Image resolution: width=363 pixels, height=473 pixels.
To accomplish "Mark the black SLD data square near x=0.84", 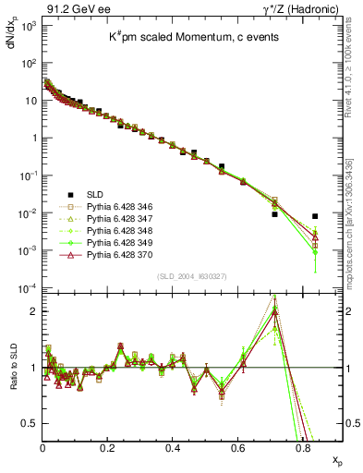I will click(x=315, y=216).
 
